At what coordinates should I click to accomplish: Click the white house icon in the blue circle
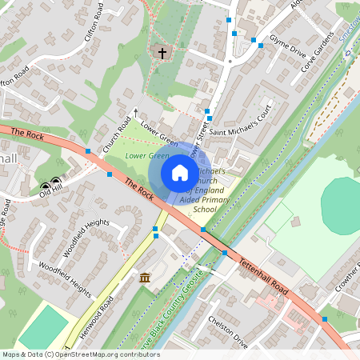(x=179, y=173)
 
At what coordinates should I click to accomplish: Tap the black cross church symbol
(x=162, y=53)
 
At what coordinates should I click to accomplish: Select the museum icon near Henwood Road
(x=145, y=277)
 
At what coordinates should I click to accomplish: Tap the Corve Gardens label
(x=318, y=50)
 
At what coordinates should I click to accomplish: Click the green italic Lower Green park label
(x=146, y=156)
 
